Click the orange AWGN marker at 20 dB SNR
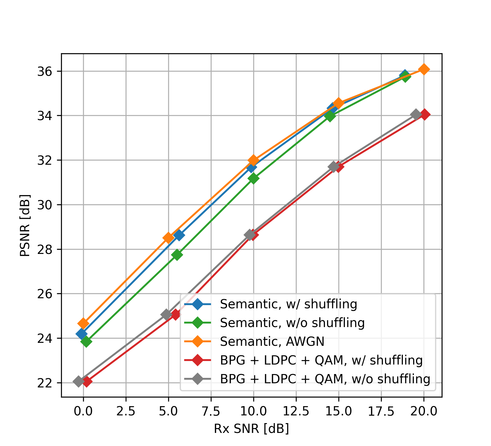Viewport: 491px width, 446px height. (424, 69)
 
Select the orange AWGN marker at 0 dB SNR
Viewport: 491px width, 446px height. (83, 323)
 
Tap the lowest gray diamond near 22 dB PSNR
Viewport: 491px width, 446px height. (78, 381)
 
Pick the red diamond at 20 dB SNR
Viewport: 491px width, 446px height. (424, 114)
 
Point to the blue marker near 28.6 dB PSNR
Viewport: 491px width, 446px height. (179, 235)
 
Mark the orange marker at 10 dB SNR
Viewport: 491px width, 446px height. (253, 160)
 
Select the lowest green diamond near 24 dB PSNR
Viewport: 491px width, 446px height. (86, 342)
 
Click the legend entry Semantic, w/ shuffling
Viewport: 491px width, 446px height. (288, 304)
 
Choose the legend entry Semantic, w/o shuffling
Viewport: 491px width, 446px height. (292, 323)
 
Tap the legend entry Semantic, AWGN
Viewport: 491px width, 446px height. (272, 342)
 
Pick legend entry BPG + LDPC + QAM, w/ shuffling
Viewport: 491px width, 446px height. (321, 360)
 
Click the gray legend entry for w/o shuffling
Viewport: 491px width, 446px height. (325, 379)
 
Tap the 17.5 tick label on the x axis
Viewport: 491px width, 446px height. (381, 412)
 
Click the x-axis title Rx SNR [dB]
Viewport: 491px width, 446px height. (251, 429)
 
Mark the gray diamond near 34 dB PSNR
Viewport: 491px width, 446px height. (416, 114)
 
